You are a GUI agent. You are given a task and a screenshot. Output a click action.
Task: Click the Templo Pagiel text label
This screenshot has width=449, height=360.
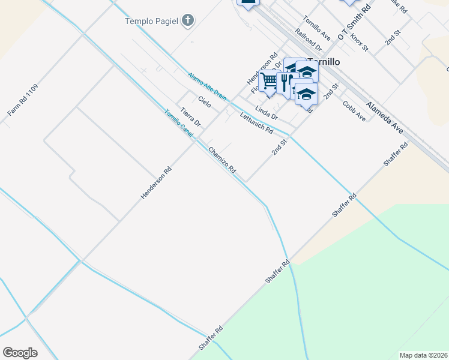click(151, 21)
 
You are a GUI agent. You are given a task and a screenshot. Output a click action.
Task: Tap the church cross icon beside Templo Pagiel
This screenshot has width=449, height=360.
click(188, 21)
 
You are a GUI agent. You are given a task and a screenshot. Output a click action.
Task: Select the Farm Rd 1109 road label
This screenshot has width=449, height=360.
click(23, 100)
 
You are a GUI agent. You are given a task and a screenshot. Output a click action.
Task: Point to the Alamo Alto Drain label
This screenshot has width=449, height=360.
click(207, 86)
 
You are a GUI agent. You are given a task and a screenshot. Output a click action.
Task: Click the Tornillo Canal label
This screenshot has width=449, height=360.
click(179, 123)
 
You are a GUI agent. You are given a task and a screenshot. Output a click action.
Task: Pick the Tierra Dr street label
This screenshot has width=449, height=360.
click(190, 117)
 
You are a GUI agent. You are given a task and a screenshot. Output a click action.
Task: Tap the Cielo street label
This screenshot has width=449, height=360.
click(205, 101)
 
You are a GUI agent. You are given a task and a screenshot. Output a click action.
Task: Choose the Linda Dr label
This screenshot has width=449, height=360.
click(267, 112)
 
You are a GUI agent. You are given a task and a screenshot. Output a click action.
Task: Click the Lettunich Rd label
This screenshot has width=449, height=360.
click(256, 123)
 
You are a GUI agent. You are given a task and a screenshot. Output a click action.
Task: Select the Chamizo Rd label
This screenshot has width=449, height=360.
click(222, 161)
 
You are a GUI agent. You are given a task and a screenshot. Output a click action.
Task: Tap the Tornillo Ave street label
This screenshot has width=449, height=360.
click(317, 27)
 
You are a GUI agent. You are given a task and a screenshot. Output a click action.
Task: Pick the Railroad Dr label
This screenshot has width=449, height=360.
click(309, 40)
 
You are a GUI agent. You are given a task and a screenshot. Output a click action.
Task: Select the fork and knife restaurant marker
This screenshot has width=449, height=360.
click(285, 80)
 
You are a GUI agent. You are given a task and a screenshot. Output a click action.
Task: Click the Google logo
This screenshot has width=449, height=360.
click(20, 353)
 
